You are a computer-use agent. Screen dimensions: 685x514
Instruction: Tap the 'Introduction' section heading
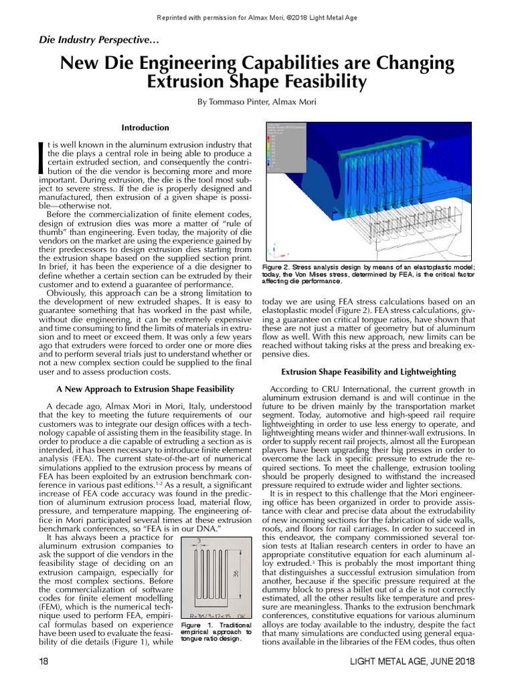coord(145,128)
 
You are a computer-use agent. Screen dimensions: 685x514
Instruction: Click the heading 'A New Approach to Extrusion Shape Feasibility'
coord(145,389)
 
